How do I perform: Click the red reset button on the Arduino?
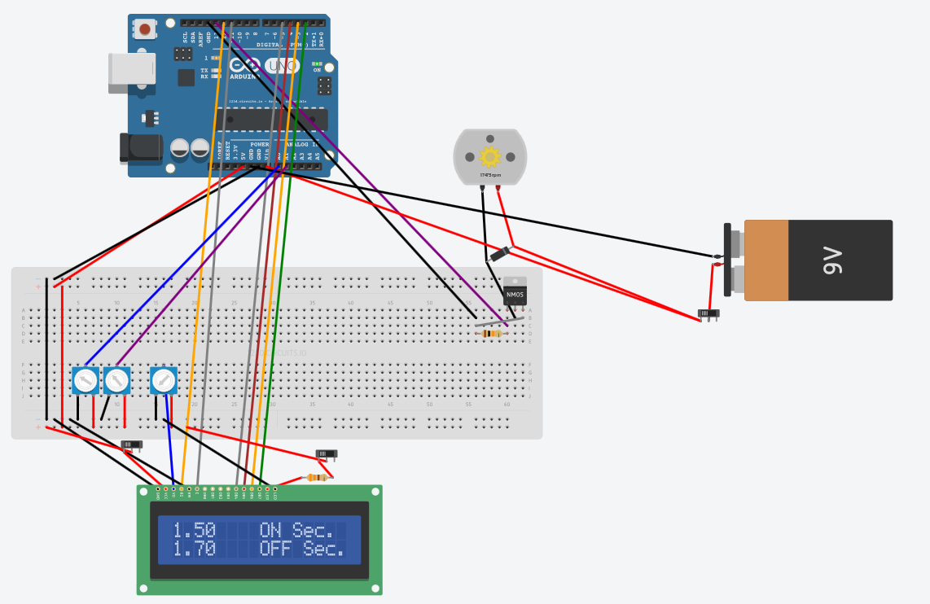145,29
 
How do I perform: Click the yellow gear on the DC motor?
490,156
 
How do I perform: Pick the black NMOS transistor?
515,292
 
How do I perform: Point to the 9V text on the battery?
832,260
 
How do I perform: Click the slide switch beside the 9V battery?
708,313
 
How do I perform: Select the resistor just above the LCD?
316,478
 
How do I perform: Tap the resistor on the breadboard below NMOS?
491,333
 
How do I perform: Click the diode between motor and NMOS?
499,254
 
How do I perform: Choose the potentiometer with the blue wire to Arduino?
86,380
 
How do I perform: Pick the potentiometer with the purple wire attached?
117,380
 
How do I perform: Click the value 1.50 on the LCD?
194,531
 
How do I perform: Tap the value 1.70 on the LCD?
194,549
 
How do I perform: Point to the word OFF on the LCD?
276,549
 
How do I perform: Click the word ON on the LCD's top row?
270,531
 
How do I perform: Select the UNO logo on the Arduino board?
282,66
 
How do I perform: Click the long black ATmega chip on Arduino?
277,119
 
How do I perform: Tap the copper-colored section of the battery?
765,260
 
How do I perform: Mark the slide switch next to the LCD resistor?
326,453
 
